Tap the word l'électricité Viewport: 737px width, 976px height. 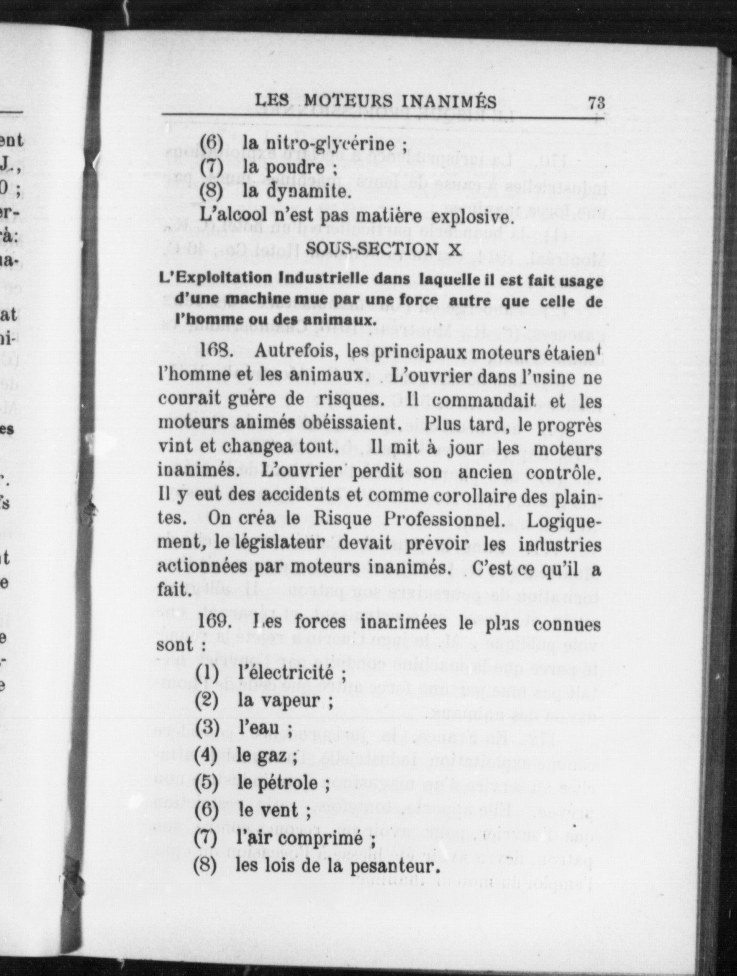(x=285, y=674)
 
